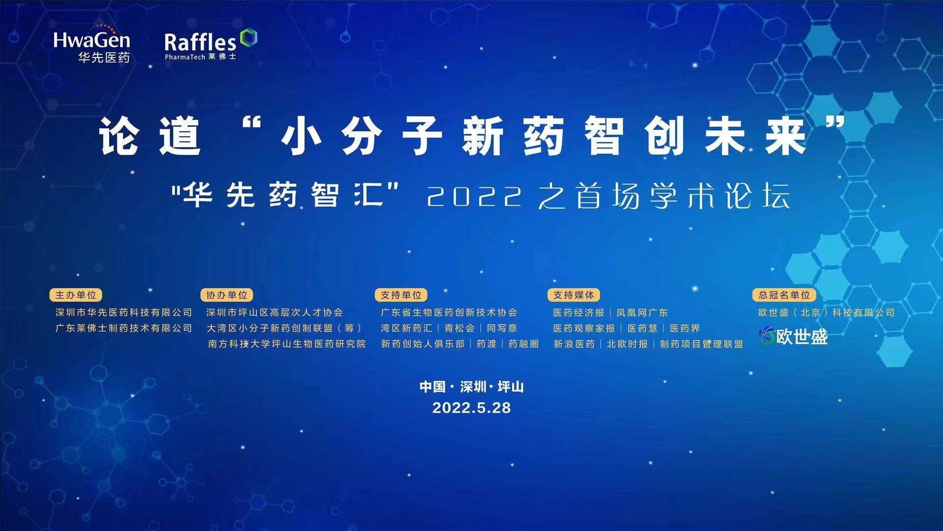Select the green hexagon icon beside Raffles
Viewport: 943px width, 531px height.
pos(249,37)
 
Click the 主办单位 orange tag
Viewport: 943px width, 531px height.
pos(76,295)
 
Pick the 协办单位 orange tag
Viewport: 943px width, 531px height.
pos(226,295)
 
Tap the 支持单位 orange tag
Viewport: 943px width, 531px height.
pos(401,295)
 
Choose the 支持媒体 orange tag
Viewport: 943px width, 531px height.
pos(574,295)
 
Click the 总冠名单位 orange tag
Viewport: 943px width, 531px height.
pos(784,295)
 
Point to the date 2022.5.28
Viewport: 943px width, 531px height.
pos(471,408)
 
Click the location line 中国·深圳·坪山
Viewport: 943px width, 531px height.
pos(471,387)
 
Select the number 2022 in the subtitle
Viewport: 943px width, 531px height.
pos(474,197)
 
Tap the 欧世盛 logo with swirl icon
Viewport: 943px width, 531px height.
pos(793,336)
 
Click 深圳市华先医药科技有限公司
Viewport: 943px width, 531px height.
pos(124,313)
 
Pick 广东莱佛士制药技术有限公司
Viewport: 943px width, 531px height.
pos(124,328)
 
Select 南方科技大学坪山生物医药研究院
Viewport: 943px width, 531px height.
pos(287,344)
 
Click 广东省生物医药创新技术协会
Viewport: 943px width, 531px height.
pos(449,313)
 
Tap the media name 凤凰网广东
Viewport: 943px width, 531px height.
pos(642,313)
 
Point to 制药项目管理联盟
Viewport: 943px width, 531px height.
pos(701,344)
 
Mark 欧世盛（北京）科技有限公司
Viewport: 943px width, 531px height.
pos(826,313)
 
